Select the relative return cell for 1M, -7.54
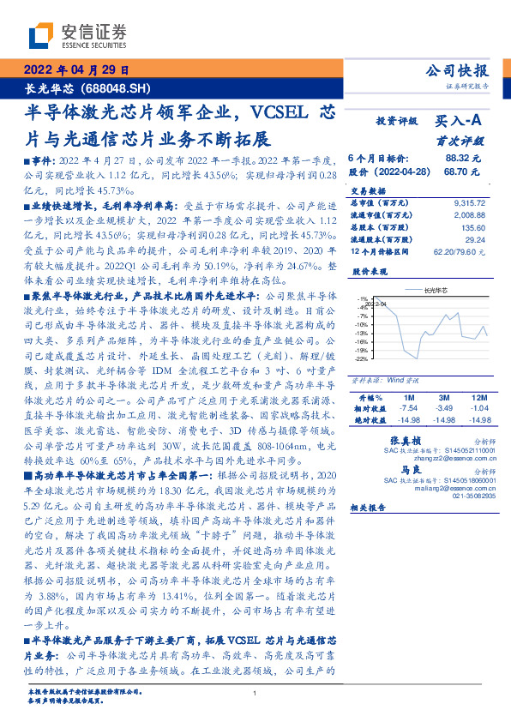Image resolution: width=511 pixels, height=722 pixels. click(x=408, y=410)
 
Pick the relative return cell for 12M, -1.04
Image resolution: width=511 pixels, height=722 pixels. click(x=478, y=410)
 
